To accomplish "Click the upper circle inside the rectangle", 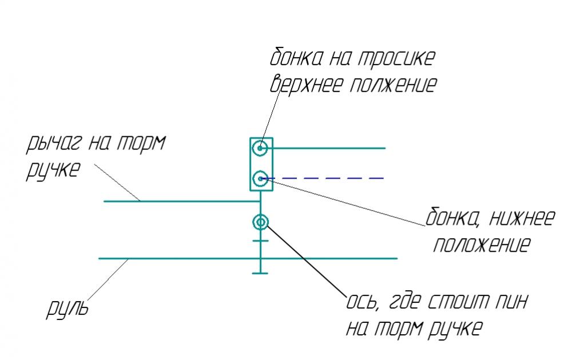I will tap(261, 148).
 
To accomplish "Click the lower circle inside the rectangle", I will tap(261, 179).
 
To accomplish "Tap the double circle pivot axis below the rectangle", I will tap(261, 222).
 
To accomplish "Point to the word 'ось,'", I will tap(361, 302).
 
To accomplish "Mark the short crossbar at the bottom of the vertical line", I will tap(260, 274).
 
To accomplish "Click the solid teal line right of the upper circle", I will tap(329, 148).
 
